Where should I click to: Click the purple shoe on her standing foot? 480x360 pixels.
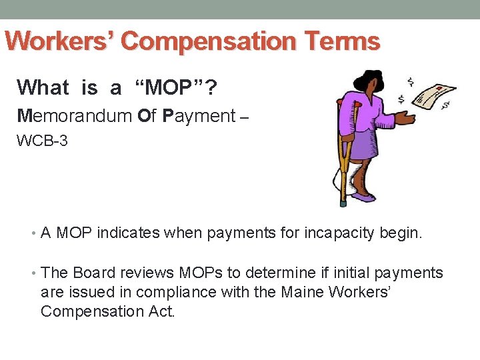click(365, 197)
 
